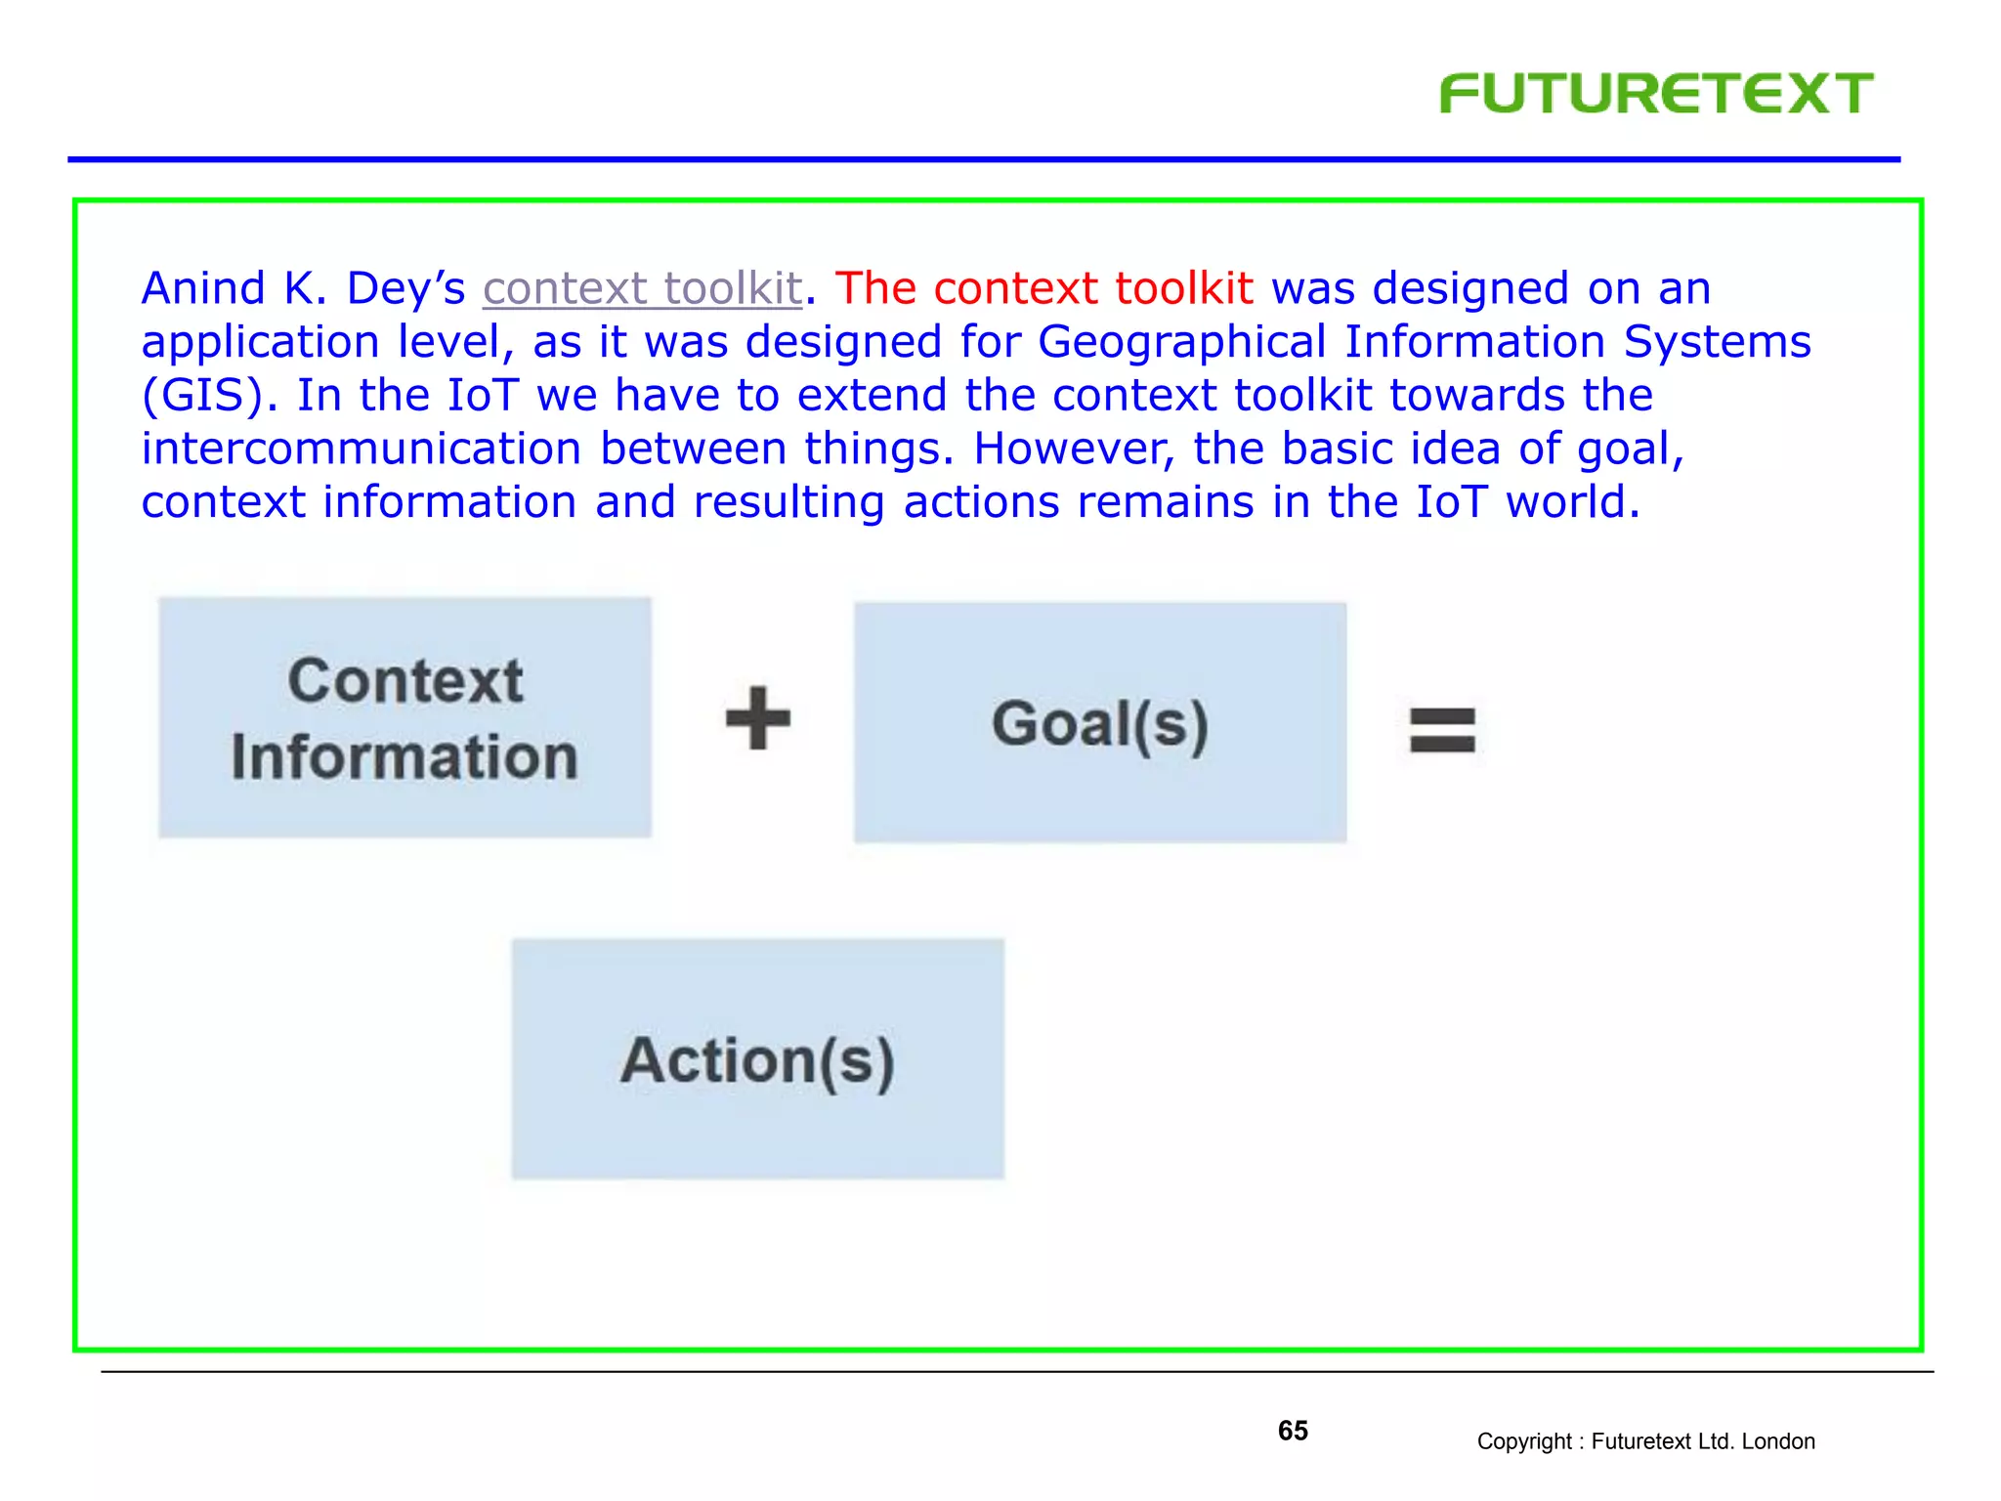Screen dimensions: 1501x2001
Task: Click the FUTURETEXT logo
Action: (1655, 94)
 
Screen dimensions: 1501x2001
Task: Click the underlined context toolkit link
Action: (642, 288)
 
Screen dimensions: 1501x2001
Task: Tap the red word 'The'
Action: (875, 288)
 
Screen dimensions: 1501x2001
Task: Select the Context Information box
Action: (404, 717)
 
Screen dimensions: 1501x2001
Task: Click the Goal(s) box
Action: (1100, 723)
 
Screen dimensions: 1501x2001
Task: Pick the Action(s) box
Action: (757, 1059)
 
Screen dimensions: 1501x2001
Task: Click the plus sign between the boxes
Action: (758, 719)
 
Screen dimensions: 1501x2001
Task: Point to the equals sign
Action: (1442, 730)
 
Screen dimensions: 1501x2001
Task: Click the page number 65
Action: (1293, 1431)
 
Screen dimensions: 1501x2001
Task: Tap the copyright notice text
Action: (1645, 1441)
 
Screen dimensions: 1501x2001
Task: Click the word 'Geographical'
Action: (1181, 342)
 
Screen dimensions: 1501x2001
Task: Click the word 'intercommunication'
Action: (361, 449)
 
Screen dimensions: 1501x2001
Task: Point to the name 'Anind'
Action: (203, 288)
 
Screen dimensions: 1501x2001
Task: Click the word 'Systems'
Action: (1717, 342)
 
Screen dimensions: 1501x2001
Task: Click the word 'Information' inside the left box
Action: (404, 757)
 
